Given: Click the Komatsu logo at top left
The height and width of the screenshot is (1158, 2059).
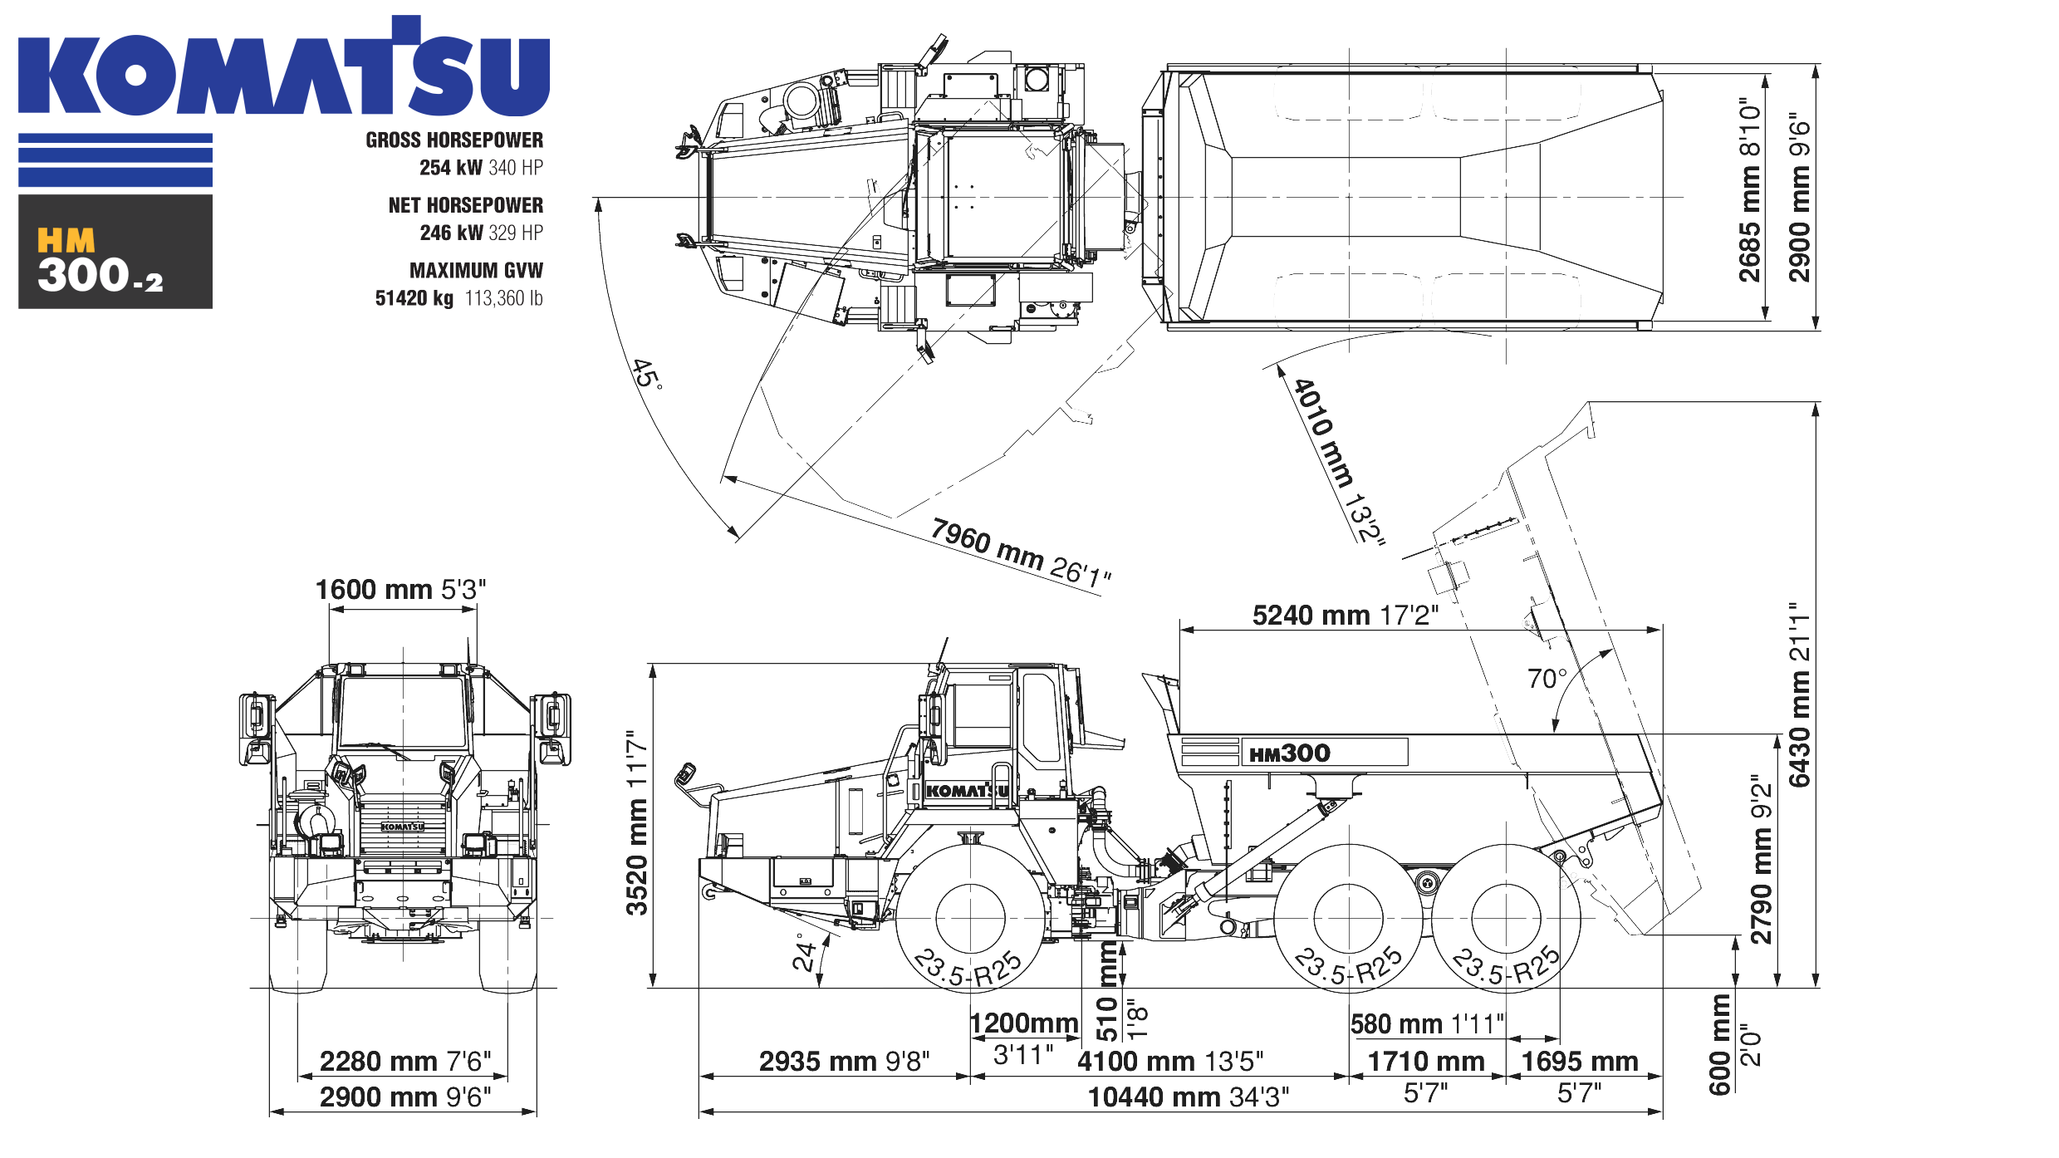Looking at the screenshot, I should pos(282,66).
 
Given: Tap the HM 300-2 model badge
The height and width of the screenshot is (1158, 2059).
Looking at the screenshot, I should pos(115,253).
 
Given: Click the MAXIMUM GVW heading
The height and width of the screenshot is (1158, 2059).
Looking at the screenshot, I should pos(475,271).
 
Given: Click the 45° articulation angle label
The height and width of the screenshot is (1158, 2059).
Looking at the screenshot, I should pos(647,374).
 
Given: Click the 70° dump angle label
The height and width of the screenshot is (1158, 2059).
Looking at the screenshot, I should pos(1547,679).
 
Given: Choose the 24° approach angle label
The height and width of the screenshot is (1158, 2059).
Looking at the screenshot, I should pos(803,952).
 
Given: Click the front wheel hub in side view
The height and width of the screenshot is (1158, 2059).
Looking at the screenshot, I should pos(969,918).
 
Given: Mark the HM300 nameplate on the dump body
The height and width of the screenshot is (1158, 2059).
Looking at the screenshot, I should pos(1290,753).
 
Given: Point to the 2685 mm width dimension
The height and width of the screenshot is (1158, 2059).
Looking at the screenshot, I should pos(1749,191).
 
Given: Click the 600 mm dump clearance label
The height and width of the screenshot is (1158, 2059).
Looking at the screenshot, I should pos(1719,1045).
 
